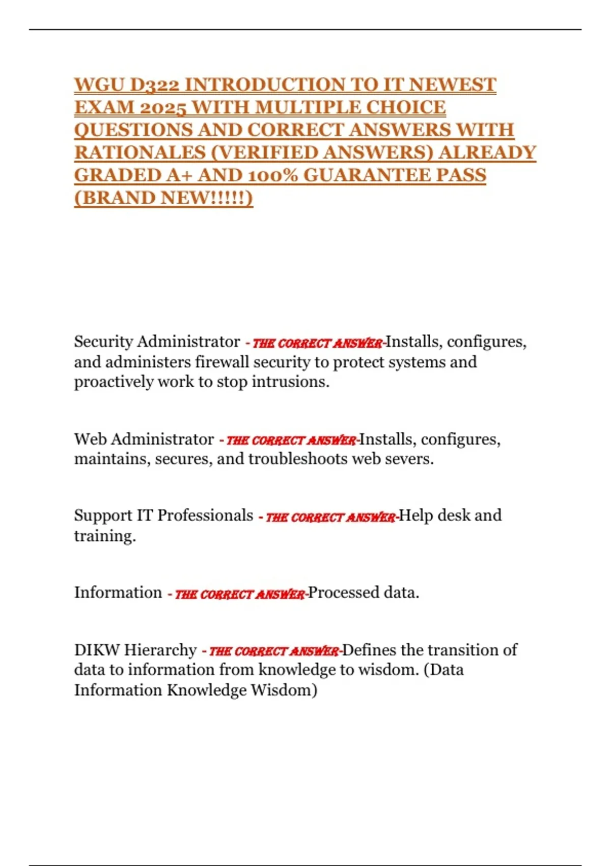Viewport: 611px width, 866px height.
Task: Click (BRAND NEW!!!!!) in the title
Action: [x=163, y=198]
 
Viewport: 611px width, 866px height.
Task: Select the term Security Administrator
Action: [x=157, y=341]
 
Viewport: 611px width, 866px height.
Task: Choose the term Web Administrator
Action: [x=144, y=439]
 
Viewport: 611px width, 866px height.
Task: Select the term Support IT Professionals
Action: [x=163, y=516]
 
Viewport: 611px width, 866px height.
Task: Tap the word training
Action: [x=105, y=536]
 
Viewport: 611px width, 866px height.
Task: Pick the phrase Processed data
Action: [x=364, y=592]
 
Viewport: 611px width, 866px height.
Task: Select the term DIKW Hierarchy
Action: [x=135, y=650]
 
